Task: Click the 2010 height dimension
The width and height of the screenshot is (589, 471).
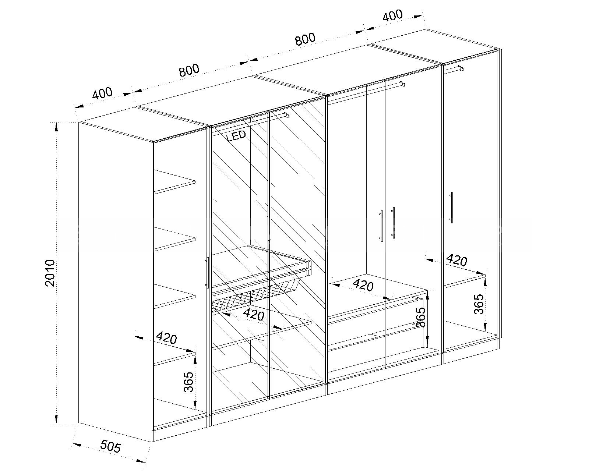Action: click(x=50, y=273)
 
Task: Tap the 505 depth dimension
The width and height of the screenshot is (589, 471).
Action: click(x=110, y=446)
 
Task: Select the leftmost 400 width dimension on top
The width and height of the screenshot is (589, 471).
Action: click(x=102, y=93)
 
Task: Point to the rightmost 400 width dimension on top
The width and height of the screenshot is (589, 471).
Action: click(x=392, y=15)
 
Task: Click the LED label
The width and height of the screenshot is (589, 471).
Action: click(x=236, y=135)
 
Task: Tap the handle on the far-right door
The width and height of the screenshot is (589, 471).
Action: click(x=451, y=207)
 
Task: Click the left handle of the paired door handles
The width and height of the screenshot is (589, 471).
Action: click(x=381, y=226)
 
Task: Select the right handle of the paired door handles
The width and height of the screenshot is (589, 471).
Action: click(x=393, y=223)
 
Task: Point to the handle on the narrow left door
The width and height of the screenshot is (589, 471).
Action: click(x=207, y=273)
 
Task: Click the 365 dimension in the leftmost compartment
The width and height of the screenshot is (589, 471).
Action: click(x=188, y=382)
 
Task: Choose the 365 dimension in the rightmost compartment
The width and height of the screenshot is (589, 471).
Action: click(x=479, y=304)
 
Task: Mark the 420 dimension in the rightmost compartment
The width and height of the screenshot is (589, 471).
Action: click(x=456, y=260)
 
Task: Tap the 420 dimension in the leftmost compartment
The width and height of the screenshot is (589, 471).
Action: click(x=166, y=338)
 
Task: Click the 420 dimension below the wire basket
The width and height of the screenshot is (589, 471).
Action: click(x=254, y=315)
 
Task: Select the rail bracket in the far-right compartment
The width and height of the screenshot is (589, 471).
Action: click(x=461, y=68)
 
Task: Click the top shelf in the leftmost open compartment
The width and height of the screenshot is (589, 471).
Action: click(x=174, y=182)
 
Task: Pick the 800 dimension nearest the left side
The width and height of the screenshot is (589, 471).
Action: click(x=189, y=70)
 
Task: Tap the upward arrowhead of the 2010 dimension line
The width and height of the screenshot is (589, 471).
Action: click(x=56, y=127)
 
